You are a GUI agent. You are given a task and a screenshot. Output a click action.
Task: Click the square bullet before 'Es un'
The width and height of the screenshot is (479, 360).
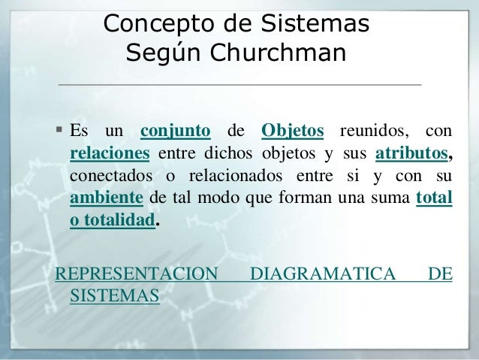pos(60,131)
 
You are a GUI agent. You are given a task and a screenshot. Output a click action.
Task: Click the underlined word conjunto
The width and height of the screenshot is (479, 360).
pos(175,132)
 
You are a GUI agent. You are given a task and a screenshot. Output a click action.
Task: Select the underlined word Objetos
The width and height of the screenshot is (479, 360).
pos(293,132)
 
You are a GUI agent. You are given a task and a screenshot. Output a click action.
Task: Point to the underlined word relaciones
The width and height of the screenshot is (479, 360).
pos(110,154)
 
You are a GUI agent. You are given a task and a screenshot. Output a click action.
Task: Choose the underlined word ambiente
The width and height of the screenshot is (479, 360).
pos(106,199)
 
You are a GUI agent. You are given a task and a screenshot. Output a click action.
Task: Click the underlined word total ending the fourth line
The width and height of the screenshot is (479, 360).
pos(433,199)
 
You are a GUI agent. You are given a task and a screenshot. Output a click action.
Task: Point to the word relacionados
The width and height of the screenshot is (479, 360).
pos(234,177)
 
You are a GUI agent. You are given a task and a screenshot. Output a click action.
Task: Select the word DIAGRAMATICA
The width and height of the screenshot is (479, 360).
pos(322,274)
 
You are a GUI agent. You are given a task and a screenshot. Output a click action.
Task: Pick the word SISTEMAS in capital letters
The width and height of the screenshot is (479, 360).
pos(114,296)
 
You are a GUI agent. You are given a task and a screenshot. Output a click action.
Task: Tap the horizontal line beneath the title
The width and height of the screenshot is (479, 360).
pos(239,85)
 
